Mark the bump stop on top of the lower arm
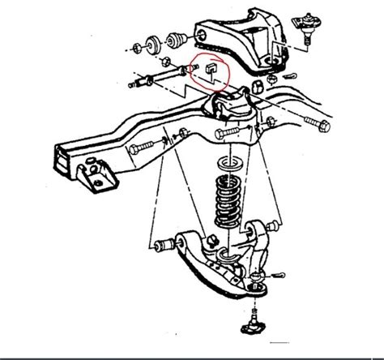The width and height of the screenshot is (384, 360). tap(210, 241)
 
